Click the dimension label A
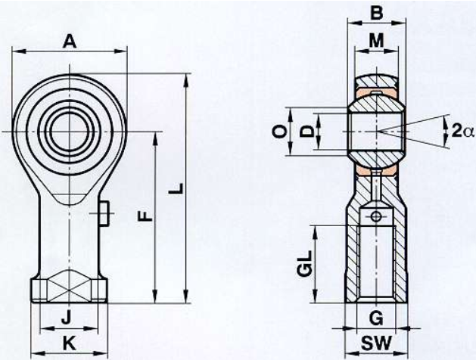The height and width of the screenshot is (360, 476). [x=69, y=42]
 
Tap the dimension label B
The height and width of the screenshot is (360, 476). [x=377, y=13]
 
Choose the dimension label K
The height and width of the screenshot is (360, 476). [x=69, y=343]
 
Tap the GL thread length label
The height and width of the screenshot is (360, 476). [x=305, y=263]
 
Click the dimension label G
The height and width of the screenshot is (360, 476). [x=376, y=318]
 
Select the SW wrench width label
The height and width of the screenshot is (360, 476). [x=377, y=343]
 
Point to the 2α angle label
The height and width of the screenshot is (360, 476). [x=462, y=132]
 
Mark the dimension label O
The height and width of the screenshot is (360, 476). [x=281, y=132]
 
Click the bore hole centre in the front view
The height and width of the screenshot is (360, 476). [x=70, y=132]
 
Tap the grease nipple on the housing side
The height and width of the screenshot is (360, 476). [x=104, y=213]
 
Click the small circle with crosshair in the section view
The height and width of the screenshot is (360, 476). [x=376, y=216]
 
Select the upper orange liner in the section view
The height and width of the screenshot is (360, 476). [x=376, y=93]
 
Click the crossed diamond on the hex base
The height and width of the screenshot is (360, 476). [x=70, y=286]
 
